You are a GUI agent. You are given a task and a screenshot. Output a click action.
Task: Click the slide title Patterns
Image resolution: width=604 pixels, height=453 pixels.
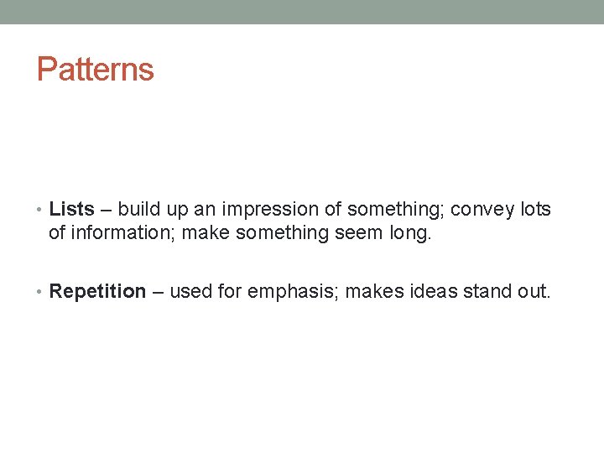(96, 70)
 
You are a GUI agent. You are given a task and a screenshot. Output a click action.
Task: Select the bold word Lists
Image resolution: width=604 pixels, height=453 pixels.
(72, 209)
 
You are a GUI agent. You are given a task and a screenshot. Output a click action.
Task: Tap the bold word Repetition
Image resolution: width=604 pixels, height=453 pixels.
(98, 292)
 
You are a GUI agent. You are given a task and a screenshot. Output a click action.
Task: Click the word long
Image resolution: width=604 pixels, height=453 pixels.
(409, 232)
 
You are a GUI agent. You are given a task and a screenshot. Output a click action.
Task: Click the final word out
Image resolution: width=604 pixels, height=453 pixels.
(534, 292)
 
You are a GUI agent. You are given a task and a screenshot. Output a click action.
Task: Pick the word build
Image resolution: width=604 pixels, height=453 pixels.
(137, 209)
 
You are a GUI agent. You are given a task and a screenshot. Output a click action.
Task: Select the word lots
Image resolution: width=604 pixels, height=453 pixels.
(535, 209)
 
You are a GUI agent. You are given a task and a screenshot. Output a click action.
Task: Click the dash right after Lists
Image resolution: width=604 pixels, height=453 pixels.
(106, 210)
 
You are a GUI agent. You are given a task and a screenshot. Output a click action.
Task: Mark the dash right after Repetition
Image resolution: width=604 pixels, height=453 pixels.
(158, 292)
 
